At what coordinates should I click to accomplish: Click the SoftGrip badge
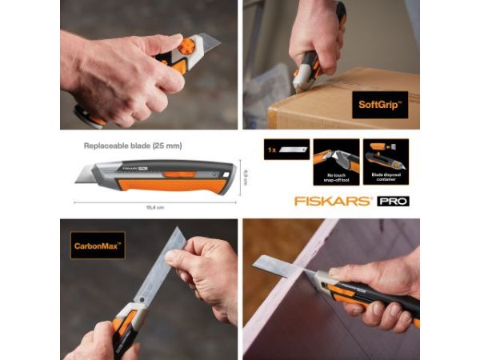(379, 105)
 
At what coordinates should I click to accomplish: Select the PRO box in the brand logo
(393, 201)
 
